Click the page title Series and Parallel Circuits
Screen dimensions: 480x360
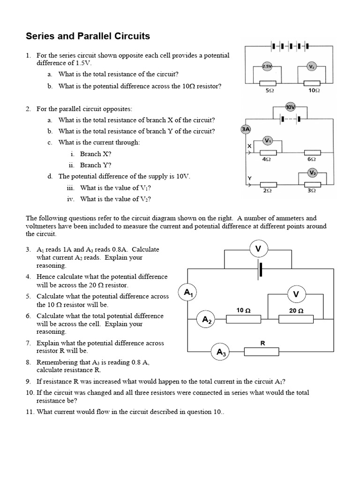pos(88,36)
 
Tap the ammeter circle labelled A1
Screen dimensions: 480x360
pos(188,293)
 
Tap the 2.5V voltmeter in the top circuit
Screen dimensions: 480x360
pos(267,67)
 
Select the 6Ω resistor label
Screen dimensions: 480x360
pos(312,159)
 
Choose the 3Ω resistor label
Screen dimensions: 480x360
pos(312,191)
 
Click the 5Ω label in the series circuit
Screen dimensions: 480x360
pos(270,90)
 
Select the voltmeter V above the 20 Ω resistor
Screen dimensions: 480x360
pos(296,294)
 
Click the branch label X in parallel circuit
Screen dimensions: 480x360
pos(249,147)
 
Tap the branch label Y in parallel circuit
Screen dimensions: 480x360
pos(249,178)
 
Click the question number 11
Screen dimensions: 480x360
pos(30,412)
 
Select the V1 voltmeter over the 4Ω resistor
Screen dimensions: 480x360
pos(268,140)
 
